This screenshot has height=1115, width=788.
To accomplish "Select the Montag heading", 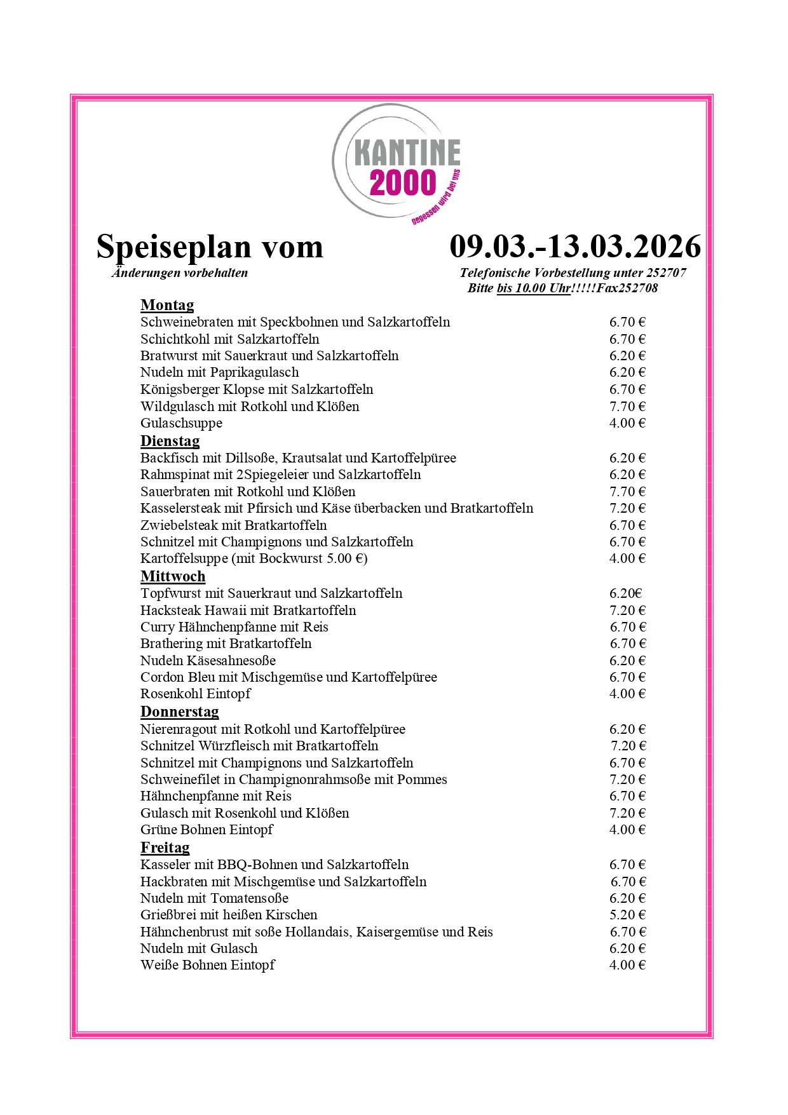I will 167,306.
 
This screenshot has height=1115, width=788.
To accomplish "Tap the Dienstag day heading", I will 170,441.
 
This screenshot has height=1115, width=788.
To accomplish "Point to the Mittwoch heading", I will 173,576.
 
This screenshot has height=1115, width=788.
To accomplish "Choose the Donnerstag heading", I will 179,712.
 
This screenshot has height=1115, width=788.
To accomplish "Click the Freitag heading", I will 165,848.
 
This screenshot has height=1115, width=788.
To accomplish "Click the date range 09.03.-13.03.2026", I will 575,247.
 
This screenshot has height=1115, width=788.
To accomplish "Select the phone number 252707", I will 666,273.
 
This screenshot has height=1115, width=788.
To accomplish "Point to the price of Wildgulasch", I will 627,407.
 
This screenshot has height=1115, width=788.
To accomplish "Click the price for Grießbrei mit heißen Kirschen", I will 627,915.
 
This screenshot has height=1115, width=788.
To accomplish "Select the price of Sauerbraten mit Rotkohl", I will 627,492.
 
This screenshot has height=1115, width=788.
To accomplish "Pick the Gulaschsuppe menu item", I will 181,423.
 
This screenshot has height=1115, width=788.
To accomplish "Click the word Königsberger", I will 180,389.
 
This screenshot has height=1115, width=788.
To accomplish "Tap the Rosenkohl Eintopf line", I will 195,694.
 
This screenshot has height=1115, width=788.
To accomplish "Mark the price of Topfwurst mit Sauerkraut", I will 626,593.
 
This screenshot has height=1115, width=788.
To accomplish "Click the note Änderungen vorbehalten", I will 180,273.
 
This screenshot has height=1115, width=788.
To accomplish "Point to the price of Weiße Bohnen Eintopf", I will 627,965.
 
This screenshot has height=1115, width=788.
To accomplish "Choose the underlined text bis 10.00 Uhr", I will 533,288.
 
